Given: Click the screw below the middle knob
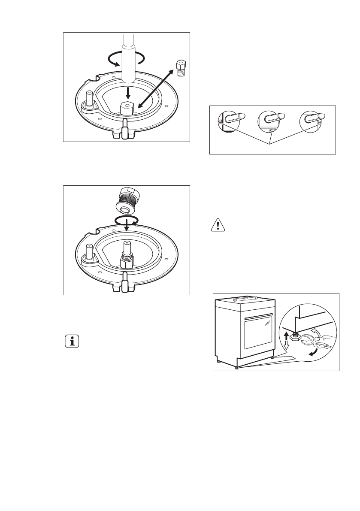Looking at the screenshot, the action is (x=270, y=131).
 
